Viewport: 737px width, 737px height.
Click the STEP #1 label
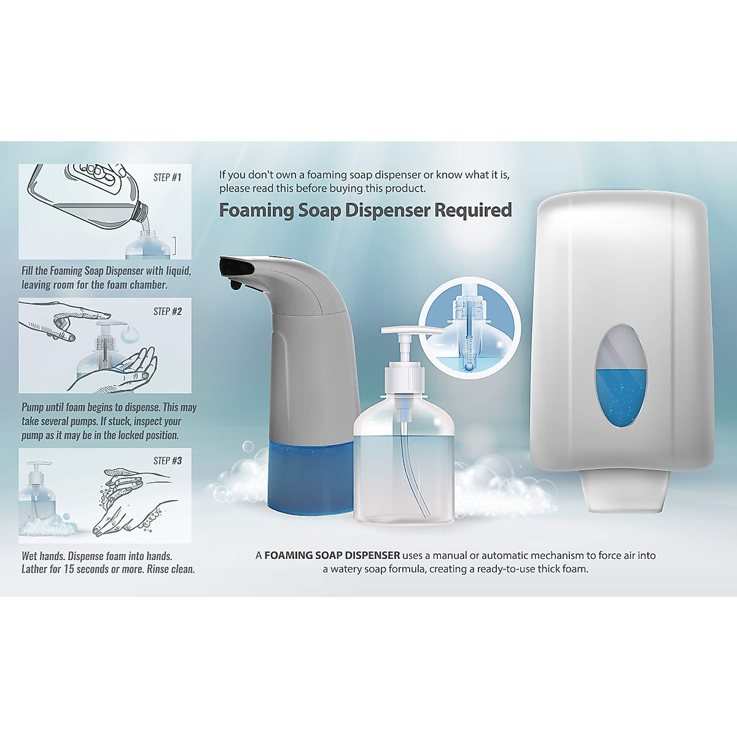coord(167,177)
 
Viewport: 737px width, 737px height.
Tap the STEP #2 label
coord(167,311)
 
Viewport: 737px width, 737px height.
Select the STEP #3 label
coord(167,461)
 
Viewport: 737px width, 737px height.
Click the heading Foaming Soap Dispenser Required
coord(365,210)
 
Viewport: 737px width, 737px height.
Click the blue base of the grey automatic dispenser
coord(310,476)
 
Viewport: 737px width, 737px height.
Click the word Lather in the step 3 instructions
coord(36,569)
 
